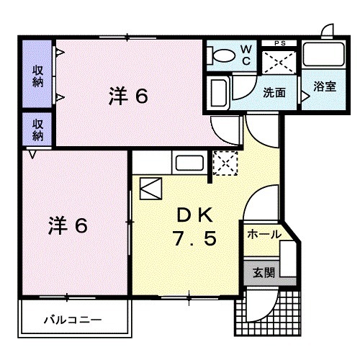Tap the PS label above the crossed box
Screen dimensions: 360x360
coord(279,44)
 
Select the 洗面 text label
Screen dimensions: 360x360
coord(274,92)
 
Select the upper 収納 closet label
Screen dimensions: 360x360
coord(37,76)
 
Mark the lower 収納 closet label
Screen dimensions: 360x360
coord(37,130)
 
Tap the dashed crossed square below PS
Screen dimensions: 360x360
coord(278,63)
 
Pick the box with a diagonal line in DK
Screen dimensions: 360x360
coord(152,189)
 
